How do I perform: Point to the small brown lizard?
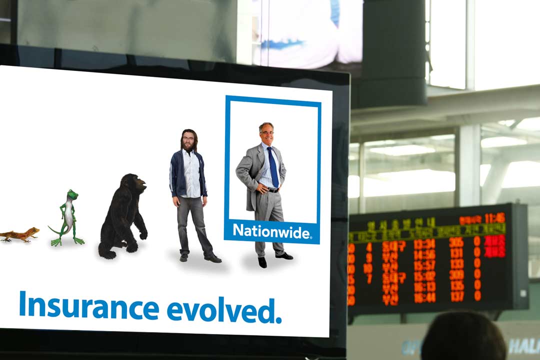(x=20, y=234)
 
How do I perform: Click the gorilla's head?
(x=134, y=184)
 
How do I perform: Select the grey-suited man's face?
(x=266, y=133)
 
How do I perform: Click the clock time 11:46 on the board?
(x=494, y=218)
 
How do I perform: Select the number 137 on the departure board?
(x=456, y=296)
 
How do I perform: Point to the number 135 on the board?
(x=456, y=285)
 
